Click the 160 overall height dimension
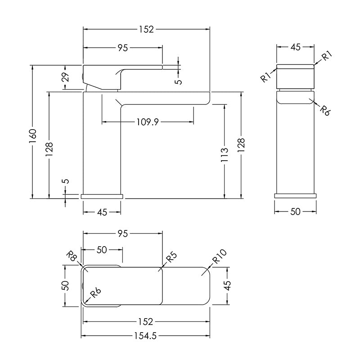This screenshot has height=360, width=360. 33,136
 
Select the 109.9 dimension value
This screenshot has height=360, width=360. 148,122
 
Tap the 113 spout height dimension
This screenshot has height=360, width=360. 224,155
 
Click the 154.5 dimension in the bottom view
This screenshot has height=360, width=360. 145,336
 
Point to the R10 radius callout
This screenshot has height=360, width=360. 220,256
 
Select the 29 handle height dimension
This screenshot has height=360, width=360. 65,77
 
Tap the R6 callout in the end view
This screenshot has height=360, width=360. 325,110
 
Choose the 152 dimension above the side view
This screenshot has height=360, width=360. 146,29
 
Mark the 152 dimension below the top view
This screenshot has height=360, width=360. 146,321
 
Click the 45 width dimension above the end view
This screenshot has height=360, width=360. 296,47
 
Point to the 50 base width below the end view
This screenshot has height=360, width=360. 295,211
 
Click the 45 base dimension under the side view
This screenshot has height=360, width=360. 102,212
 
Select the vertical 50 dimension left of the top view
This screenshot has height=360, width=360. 65,286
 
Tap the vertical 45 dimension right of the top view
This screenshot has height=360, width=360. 227,286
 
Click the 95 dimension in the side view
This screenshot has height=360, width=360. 122,48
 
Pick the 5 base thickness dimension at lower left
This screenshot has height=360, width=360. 65,181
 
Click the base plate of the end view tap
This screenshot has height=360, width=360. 295,196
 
